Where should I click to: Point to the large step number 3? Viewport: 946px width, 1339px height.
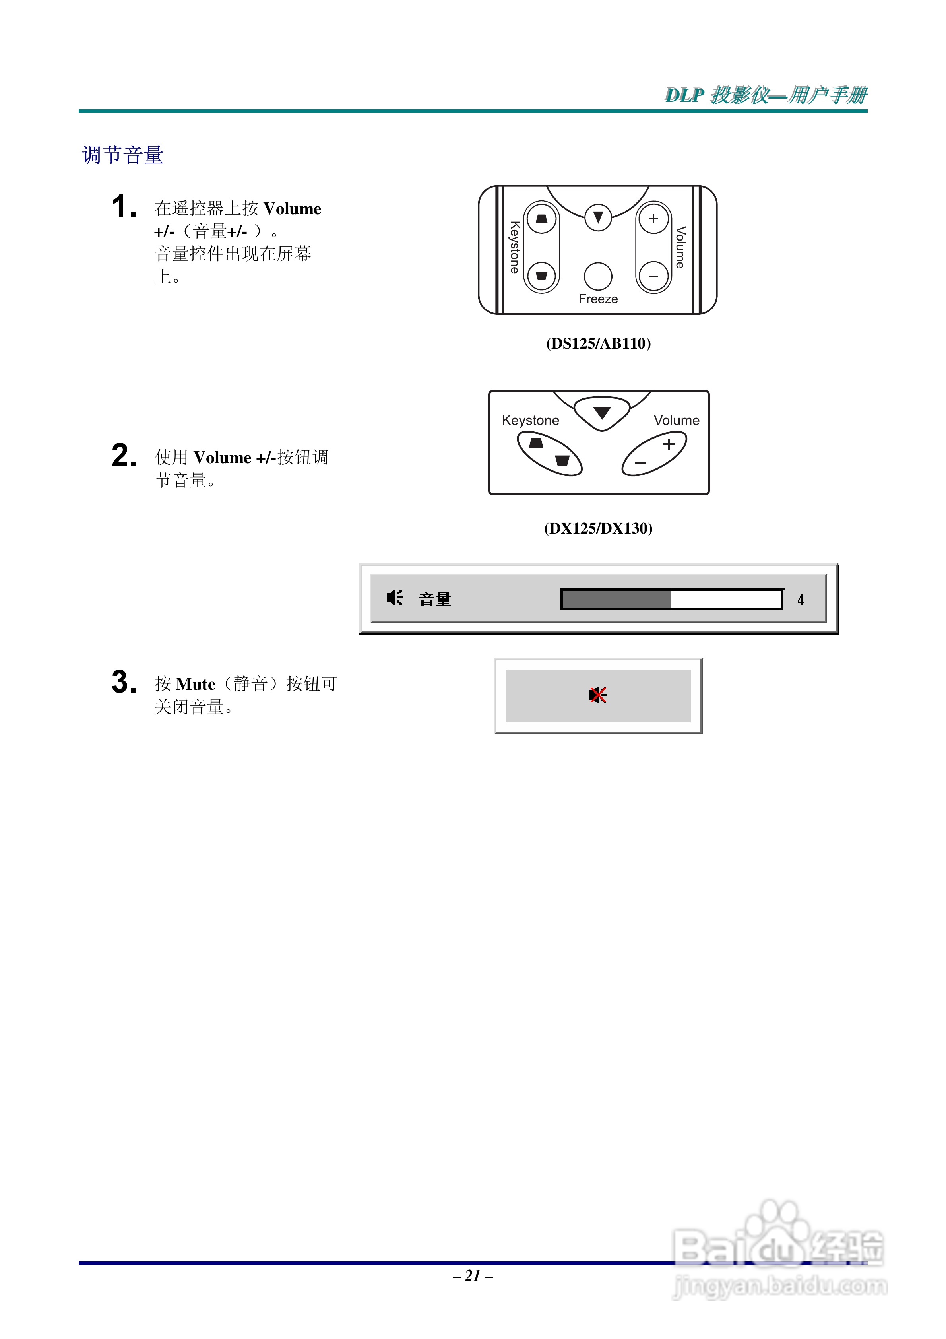pos(123,682)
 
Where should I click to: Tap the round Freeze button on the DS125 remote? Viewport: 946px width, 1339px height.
pos(598,276)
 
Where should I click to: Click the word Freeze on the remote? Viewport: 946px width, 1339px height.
pos(598,299)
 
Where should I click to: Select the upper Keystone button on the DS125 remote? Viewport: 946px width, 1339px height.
pos(541,219)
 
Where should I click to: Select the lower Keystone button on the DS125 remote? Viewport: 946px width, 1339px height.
pos(541,276)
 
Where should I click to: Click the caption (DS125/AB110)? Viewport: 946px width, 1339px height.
pos(598,343)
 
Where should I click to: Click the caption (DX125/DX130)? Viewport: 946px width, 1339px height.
pos(598,528)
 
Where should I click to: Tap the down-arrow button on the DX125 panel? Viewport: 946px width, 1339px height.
pos(601,413)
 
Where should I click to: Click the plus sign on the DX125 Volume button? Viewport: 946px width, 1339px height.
pos(669,444)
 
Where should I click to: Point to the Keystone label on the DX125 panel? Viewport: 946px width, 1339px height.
pos(530,421)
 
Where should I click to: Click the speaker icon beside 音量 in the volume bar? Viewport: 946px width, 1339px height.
pos(394,598)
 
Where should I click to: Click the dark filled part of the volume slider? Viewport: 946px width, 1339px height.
pos(616,600)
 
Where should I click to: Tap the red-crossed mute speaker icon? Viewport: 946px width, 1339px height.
pos(598,695)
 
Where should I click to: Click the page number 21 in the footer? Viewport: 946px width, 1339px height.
pos(473,1276)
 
